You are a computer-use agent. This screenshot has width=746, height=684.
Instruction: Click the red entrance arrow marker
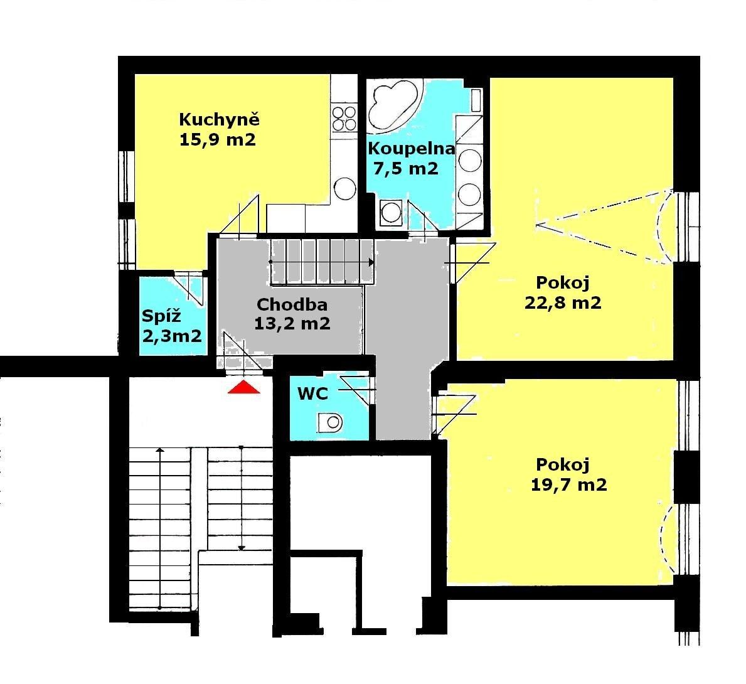[x=244, y=387]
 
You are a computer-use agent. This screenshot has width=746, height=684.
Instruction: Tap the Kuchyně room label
[x=220, y=119]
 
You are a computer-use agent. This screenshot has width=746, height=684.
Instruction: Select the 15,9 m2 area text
[x=218, y=140]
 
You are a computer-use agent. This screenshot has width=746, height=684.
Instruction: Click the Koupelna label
[x=412, y=149]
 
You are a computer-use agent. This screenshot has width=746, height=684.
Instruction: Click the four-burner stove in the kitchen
[x=344, y=118]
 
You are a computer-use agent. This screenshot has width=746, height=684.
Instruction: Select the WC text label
[x=312, y=393]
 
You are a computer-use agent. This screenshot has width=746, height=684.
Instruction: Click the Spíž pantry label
[x=162, y=316]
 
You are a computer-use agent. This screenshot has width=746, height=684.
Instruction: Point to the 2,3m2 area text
[x=173, y=336]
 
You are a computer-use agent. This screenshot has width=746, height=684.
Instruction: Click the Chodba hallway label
[x=292, y=304]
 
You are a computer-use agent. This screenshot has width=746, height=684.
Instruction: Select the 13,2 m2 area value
[x=292, y=324]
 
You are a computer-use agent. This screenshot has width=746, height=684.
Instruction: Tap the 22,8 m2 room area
[x=563, y=302]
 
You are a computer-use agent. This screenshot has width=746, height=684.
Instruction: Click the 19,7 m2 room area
[x=568, y=484]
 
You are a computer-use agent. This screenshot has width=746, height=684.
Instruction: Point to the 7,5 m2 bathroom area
[x=406, y=169]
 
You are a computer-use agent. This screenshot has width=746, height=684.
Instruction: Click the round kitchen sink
[x=345, y=189]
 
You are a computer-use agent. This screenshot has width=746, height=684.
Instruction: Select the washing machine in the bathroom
[x=391, y=213]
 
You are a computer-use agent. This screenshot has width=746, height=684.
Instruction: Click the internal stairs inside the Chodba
[x=322, y=262]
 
